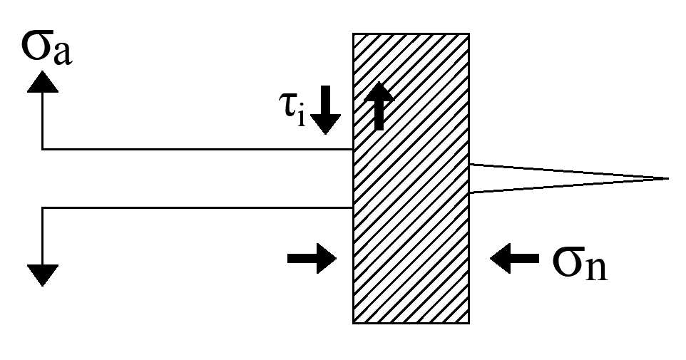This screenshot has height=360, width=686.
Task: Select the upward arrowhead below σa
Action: [x=42, y=83]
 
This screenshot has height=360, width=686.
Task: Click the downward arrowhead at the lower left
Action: [x=43, y=273]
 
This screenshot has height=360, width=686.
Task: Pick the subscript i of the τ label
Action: [x=302, y=118]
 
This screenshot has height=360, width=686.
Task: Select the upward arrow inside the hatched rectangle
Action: [x=380, y=105]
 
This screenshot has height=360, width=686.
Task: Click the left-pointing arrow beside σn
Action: [x=514, y=258]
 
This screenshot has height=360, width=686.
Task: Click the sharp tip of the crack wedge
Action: [x=667, y=178]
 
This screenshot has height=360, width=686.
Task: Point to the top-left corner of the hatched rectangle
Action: [x=354, y=34]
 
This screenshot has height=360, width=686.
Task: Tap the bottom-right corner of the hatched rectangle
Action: [x=469, y=322]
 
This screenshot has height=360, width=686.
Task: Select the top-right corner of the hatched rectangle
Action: [x=469, y=34]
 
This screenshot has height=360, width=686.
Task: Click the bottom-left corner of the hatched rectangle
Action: [x=354, y=322]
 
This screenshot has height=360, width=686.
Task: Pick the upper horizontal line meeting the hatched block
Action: [x=200, y=149]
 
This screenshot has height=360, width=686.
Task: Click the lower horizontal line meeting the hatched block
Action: [x=200, y=207]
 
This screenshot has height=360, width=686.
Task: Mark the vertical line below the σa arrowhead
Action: [x=43, y=121]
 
